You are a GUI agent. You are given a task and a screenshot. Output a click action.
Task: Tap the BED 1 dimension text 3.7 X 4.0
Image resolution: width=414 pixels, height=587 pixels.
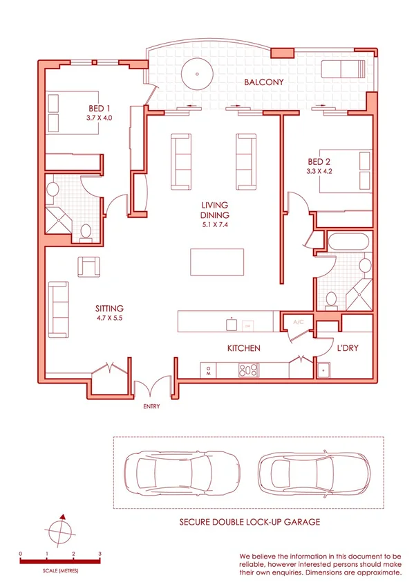(x=100, y=118)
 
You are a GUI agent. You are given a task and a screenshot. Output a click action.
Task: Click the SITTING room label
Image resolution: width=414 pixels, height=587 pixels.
(x=109, y=308)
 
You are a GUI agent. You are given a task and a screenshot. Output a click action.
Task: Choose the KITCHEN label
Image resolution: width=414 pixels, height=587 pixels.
(x=243, y=348)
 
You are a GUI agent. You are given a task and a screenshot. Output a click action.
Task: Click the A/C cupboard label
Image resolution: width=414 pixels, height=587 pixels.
(x=299, y=322)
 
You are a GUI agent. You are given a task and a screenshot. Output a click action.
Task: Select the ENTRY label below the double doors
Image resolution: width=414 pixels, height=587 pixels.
(x=151, y=406)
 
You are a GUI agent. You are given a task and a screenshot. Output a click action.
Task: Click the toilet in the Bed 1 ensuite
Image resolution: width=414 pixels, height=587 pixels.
(x=86, y=232)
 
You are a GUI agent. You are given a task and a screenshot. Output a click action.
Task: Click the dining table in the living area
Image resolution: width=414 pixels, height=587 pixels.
(x=217, y=262)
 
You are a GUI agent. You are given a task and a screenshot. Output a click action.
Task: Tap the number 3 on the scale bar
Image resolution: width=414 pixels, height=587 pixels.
(x=100, y=554)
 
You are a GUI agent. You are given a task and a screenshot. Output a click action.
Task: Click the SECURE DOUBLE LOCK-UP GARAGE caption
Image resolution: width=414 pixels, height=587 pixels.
(x=250, y=521)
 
